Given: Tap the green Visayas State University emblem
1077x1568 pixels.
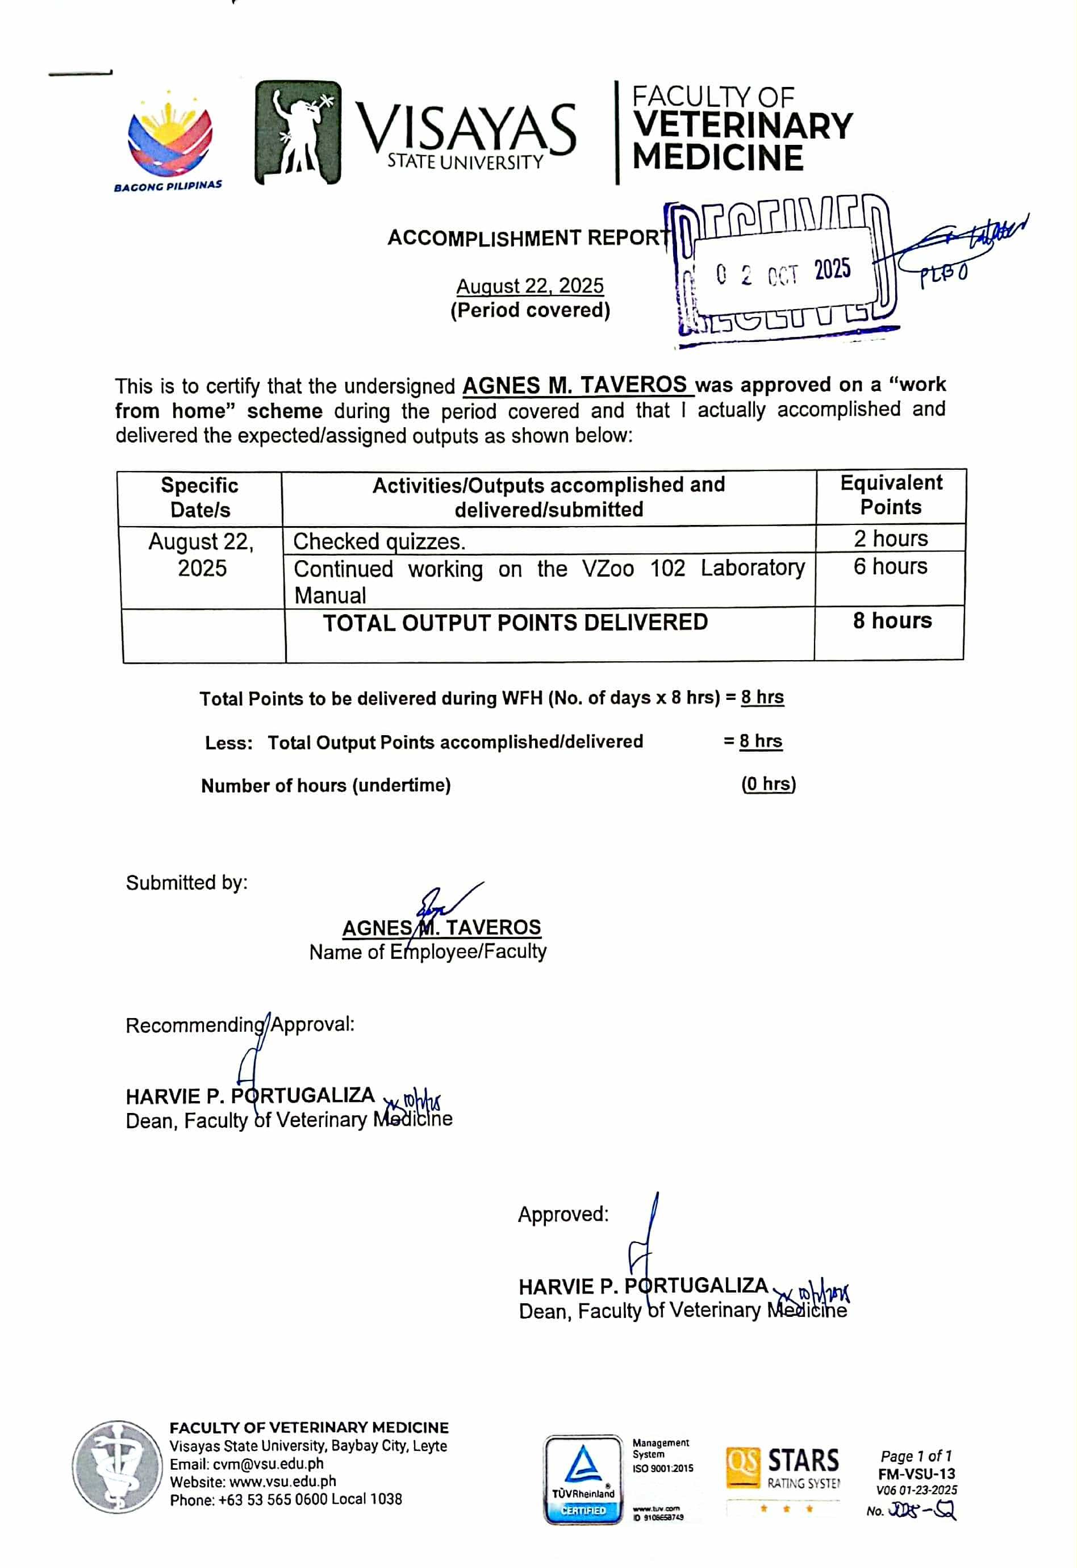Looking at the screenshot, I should (x=298, y=133).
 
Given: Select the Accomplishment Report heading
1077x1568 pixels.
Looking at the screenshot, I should (x=528, y=238).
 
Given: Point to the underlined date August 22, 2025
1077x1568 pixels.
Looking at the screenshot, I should (x=530, y=286).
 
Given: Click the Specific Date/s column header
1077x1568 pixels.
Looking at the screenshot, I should (x=200, y=497).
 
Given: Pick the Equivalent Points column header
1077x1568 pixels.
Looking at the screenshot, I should (x=891, y=495).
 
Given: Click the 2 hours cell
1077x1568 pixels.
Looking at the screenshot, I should (x=891, y=539).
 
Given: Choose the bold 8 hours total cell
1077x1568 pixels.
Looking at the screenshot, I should (x=891, y=621).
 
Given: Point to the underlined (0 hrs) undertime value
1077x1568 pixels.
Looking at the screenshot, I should (x=768, y=784).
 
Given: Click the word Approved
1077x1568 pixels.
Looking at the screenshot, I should (x=563, y=1214).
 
